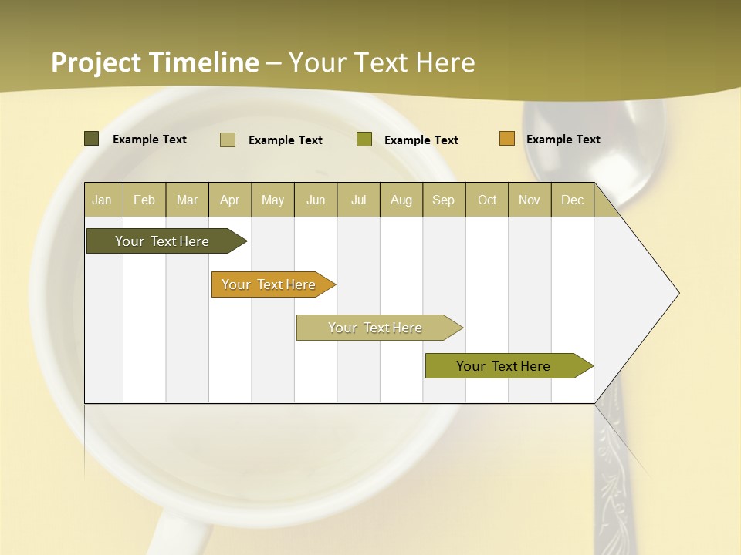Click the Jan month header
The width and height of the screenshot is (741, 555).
(102, 200)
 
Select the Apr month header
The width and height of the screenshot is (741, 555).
(229, 200)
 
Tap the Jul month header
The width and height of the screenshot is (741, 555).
(358, 200)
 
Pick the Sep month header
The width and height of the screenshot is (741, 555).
(443, 200)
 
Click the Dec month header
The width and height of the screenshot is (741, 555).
(572, 200)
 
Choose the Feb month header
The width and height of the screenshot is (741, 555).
(144, 200)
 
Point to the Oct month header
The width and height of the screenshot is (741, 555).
(487, 200)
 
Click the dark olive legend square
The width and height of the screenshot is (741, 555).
(92, 139)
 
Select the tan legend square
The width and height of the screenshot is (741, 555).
(228, 140)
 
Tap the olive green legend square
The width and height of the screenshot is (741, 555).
(364, 140)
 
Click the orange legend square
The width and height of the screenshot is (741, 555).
(507, 139)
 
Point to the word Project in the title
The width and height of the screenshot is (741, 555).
(96, 62)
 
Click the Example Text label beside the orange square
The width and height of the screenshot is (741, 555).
(563, 140)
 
